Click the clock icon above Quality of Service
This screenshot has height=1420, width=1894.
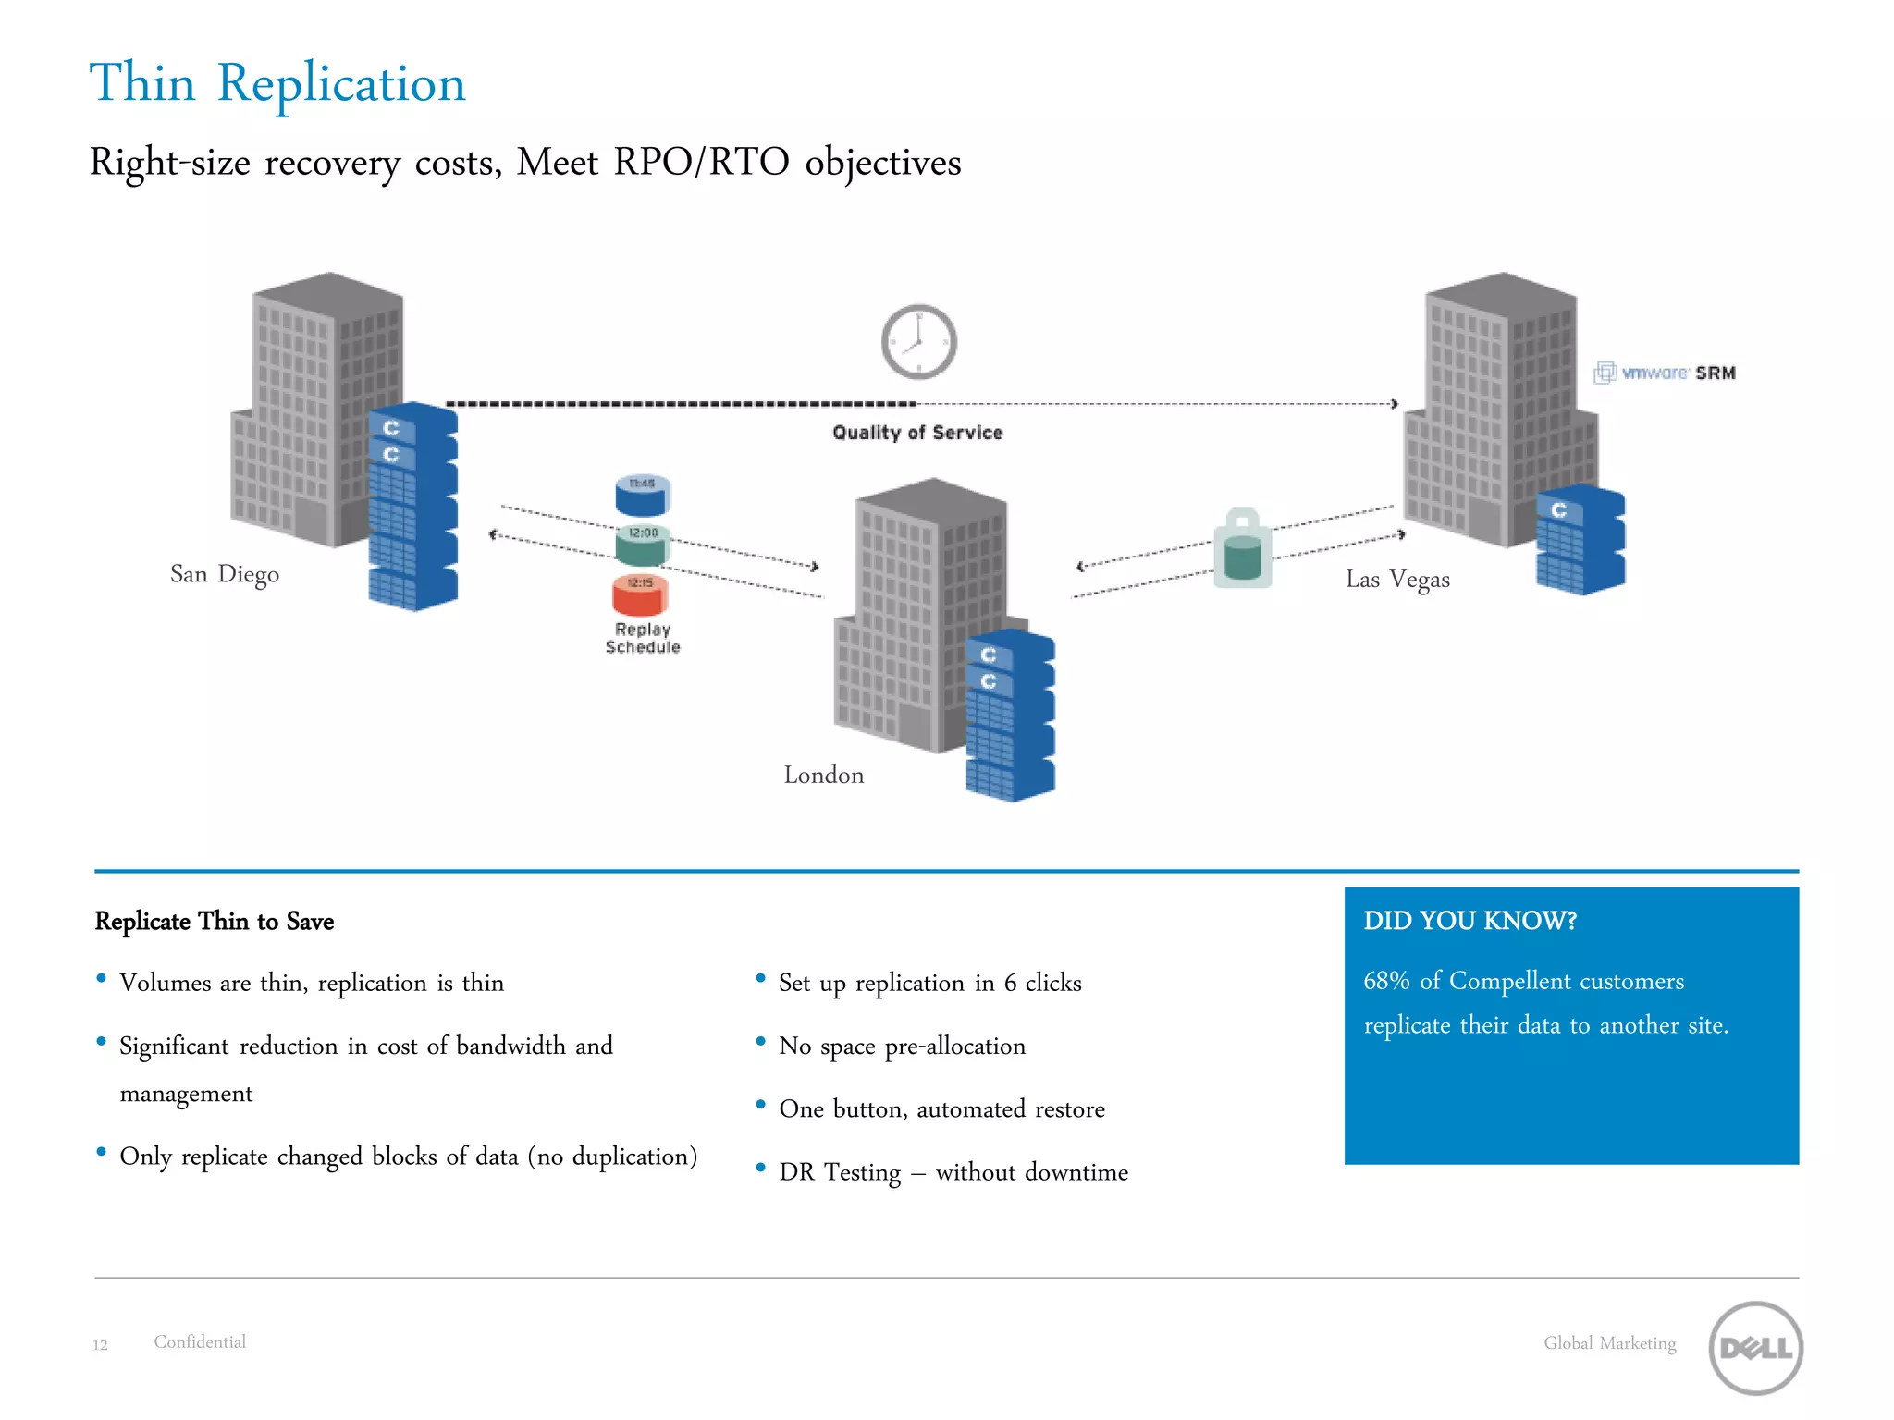[x=918, y=342]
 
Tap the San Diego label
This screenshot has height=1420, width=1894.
[x=225, y=574]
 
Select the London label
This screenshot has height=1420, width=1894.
[x=823, y=775]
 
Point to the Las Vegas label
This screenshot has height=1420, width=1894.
[x=1397, y=580]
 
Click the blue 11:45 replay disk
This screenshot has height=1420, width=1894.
[x=643, y=495]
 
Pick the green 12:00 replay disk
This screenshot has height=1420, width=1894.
[x=643, y=545]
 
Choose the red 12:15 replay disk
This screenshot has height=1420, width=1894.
[x=640, y=594]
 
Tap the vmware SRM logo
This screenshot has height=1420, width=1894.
[x=1665, y=373]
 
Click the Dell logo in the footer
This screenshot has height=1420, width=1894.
[x=1755, y=1348]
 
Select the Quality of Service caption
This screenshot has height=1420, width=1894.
[x=917, y=433]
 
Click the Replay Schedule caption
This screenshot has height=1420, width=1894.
[x=643, y=638]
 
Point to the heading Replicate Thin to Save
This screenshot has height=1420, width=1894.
[x=214, y=921]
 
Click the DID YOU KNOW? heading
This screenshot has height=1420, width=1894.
[x=1470, y=921]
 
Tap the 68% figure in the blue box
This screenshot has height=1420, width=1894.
[x=1386, y=981]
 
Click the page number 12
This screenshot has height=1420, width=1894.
[x=100, y=1345]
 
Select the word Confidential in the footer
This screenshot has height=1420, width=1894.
[x=200, y=1341]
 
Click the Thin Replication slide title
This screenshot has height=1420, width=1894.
[x=277, y=83]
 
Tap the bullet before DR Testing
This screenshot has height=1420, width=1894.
[x=760, y=1168]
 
